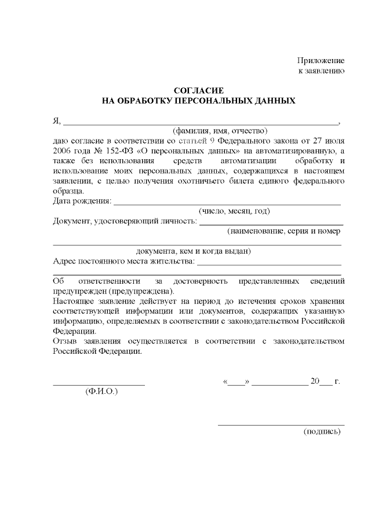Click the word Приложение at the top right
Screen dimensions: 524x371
coord(321,60)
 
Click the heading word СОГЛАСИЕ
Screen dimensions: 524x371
coord(199,90)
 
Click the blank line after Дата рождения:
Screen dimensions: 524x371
coord(227,204)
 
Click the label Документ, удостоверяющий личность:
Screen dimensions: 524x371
coord(125,221)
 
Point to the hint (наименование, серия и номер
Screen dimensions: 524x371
coord(283,230)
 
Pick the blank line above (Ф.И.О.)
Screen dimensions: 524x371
coord(99,385)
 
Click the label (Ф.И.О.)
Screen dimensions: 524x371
coord(101,391)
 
